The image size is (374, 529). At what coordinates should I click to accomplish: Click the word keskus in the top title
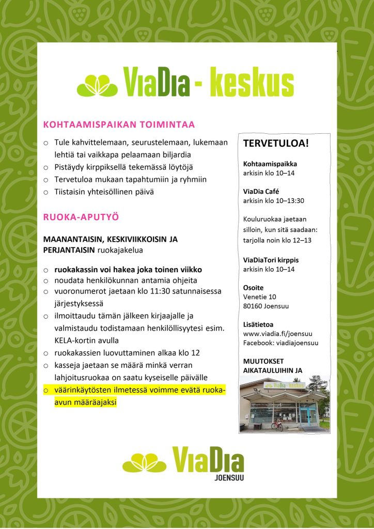pyautogui.click(x=252, y=84)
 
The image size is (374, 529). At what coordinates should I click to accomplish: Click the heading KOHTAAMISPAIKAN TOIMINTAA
pyautogui.click(x=119, y=125)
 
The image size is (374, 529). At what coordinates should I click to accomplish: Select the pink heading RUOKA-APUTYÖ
pyautogui.click(x=81, y=217)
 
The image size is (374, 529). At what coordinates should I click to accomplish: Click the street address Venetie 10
pyautogui.click(x=260, y=297)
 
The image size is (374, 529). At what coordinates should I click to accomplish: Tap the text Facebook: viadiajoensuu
pyautogui.click(x=280, y=343)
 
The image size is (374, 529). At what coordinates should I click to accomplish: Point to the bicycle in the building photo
pyautogui.click(x=277, y=425)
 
